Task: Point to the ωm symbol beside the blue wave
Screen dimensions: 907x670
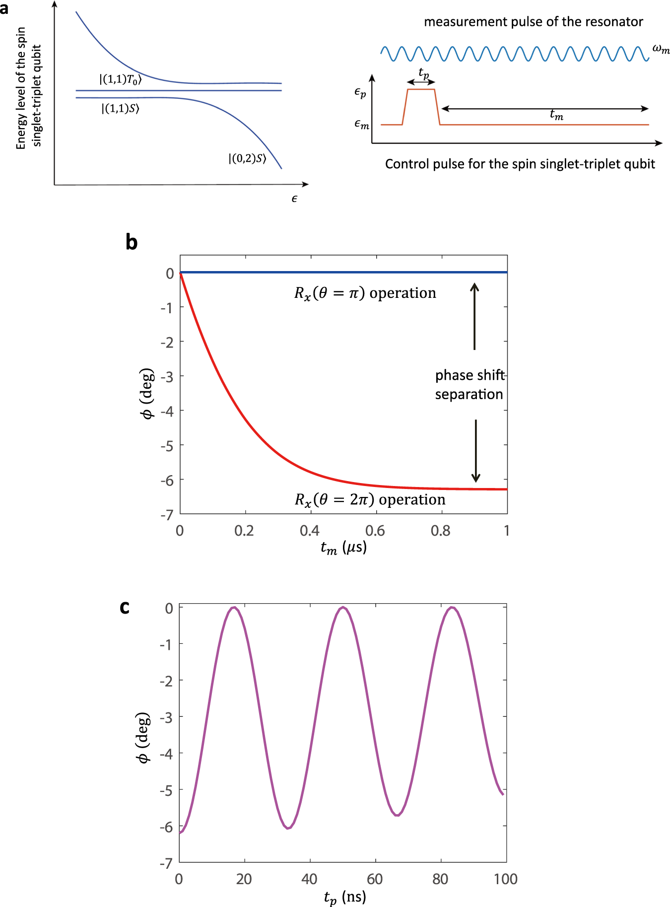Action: tap(661, 49)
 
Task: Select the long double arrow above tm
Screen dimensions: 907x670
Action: tap(544, 108)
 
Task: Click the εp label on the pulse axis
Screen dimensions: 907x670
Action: tap(360, 92)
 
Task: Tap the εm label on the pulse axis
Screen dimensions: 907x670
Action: tap(361, 124)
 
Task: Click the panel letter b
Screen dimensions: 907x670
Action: tap(132, 242)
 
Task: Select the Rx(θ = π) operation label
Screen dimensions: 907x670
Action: tap(365, 293)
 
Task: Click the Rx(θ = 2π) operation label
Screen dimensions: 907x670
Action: tap(370, 499)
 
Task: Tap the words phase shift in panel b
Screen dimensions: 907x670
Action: tap(469, 375)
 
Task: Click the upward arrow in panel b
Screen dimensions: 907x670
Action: tap(474, 316)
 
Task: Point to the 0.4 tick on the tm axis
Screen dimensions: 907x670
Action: tap(310, 531)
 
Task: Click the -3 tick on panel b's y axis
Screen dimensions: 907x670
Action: tap(167, 377)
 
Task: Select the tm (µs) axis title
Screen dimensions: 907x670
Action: tap(343, 548)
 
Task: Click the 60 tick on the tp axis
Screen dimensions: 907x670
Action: tap(375, 879)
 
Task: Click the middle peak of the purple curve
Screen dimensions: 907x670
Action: tap(342, 608)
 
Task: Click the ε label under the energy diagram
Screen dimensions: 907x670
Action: tap(294, 199)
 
